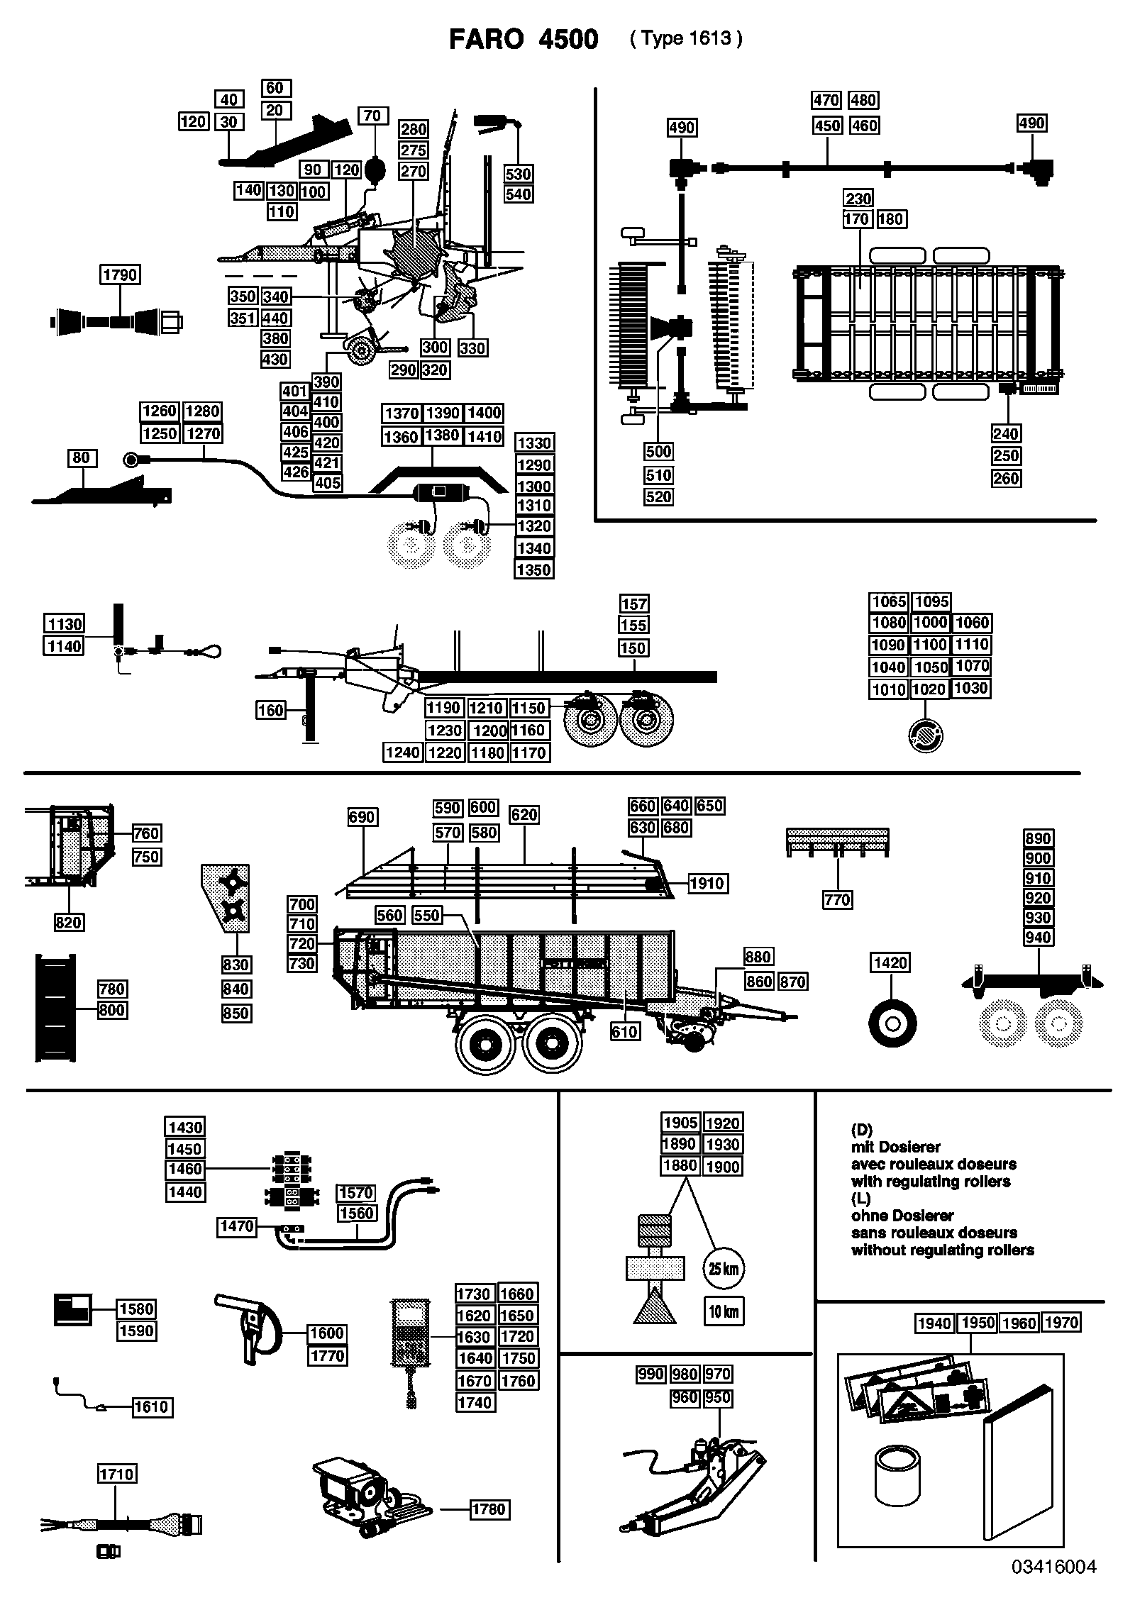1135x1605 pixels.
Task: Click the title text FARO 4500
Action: point(524,40)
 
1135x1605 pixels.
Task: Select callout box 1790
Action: point(120,274)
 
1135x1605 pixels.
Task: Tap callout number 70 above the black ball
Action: point(372,116)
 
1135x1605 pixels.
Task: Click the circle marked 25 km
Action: point(723,1269)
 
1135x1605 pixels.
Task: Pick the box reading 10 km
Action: point(724,1311)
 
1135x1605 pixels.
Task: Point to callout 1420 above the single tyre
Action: point(890,962)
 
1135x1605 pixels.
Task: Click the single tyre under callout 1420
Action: point(892,1023)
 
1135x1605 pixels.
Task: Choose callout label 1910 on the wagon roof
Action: point(707,883)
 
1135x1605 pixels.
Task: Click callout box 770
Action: point(837,900)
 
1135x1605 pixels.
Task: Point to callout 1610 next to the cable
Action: point(152,1406)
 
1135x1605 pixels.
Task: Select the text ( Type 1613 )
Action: point(686,39)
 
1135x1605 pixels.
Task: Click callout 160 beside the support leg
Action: point(270,710)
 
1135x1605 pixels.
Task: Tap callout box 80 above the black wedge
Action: point(81,457)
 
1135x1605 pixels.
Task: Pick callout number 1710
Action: point(116,1475)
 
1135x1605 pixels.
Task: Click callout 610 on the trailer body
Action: point(624,1031)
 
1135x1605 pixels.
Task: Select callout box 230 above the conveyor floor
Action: point(858,199)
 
